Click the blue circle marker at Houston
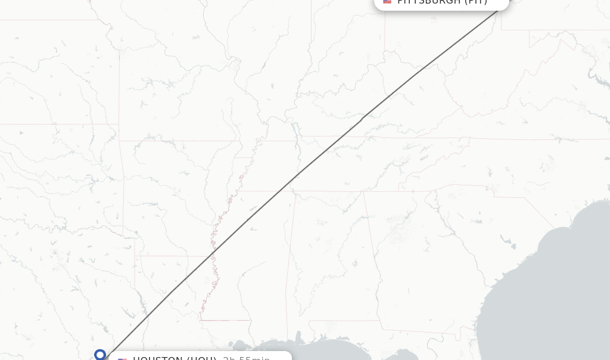[x=100, y=355]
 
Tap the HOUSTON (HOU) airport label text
[x=174, y=358]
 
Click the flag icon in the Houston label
[x=122, y=359]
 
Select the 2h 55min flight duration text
[x=246, y=358]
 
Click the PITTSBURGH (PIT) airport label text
[x=442, y=2]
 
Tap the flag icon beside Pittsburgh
[x=387, y=2]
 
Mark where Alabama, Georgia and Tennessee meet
[x=364, y=192]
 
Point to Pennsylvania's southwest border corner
[x=502, y=29]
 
